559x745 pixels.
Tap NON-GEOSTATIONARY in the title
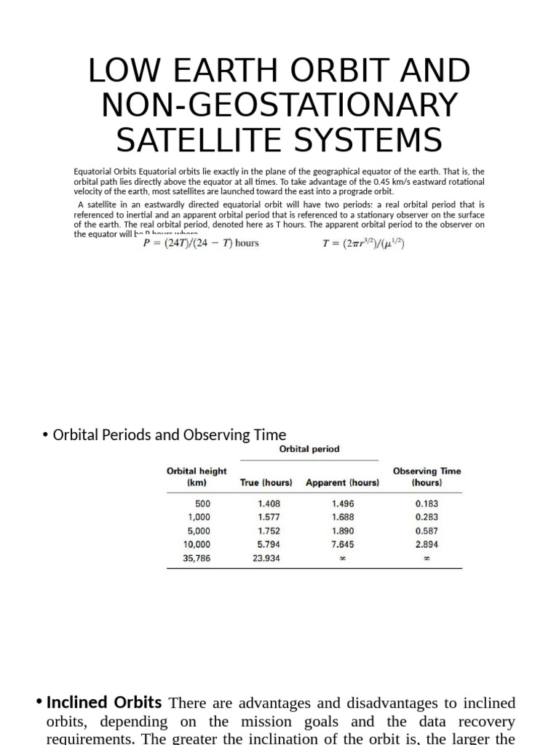(279, 105)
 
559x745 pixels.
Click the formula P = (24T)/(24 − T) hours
(200, 243)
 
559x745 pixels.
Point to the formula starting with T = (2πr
(363, 243)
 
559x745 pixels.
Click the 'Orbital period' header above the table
(309, 449)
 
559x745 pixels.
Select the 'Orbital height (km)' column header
(197, 477)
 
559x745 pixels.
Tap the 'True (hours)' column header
(266, 482)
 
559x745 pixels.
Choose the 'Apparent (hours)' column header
(342, 482)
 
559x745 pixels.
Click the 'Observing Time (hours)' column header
(427, 477)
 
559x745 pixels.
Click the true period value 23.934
(266, 558)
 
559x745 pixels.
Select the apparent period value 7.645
(342, 544)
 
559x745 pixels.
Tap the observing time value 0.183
(427, 503)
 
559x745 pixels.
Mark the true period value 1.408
(269, 503)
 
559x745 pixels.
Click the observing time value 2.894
(427, 544)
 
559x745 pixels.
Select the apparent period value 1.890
(342, 530)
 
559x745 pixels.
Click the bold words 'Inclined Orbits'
(103, 703)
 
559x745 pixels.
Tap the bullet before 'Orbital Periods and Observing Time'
(45, 435)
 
